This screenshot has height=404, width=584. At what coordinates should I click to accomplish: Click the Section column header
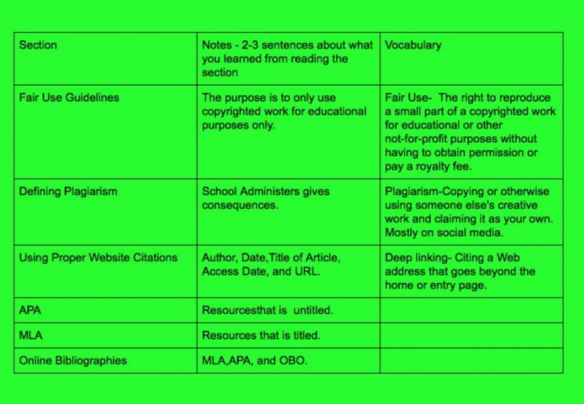(x=38, y=45)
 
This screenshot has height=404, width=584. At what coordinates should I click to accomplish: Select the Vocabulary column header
(x=413, y=45)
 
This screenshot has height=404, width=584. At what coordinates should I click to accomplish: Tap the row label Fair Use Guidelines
(x=68, y=98)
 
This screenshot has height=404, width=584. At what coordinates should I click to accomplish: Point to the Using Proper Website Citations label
(x=98, y=257)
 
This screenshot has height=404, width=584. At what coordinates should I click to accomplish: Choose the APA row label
(x=30, y=310)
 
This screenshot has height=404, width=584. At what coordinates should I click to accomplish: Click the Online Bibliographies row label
(x=73, y=361)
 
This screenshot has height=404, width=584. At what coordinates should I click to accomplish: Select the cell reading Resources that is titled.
(x=261, y=335)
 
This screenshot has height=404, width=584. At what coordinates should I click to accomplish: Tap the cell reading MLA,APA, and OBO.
(x=254, y=361)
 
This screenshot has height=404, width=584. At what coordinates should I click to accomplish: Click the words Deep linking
(x=413, y=257)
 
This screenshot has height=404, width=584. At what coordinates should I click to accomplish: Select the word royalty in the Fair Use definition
(x=441, y=166)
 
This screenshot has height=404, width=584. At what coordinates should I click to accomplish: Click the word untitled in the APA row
(x=313, y=310)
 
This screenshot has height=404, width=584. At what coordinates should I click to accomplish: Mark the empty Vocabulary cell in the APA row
(x=471, y=310)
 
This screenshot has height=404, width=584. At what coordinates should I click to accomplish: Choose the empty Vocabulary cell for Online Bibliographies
(x=471, y=361)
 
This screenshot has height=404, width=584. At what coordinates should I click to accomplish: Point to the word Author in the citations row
(x=218, y=257)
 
